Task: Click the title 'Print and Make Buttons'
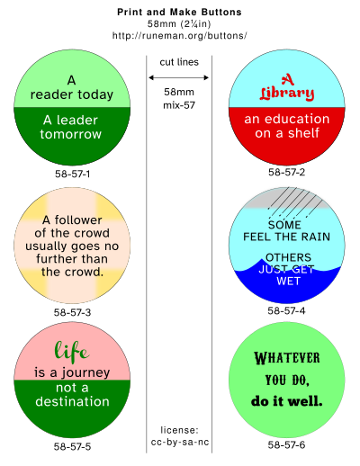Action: [x=179, y=13]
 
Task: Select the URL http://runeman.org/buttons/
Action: [x=179, y=36]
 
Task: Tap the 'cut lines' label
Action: [x=179, y=62]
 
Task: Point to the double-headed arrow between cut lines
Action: [x=179, y=77]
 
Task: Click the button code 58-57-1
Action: [x=72, y=174]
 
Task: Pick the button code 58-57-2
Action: [x=286, y=172]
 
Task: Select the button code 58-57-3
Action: [x=72, y=312]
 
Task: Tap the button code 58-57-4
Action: [x=286, y=310]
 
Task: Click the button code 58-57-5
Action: [x=72, y=447]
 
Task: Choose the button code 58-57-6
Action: [x=286, y=444]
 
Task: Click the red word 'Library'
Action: [x=287, y=94]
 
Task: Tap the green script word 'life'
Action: [x=72, y=351]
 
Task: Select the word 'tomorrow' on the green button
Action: [x=71, y=134]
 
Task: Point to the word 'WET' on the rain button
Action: [x=288, y=282]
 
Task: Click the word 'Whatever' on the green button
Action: [x=287, y=358]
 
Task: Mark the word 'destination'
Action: [x=72, y=401]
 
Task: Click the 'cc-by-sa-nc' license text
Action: [x=180, y=443]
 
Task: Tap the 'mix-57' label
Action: [x=179, y=105]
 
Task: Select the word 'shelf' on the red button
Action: [x=303, y=133]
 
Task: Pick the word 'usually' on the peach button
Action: [x=46, y=246]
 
